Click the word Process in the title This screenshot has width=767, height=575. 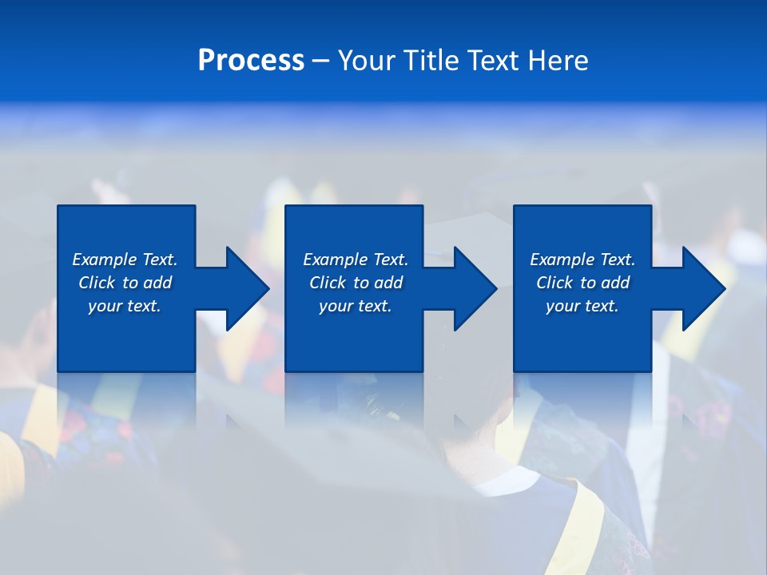point(251,61)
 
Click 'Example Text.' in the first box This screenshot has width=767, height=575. point(125,260)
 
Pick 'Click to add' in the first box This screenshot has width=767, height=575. point(125,283)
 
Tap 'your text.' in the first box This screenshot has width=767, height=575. point(125,306)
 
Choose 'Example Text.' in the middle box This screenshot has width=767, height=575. point(356,260)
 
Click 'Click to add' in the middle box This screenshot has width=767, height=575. point(356,283)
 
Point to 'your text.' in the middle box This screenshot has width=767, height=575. point(356,306)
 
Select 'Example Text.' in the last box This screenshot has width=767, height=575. point(582,260)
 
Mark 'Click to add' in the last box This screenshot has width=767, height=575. point(582,283)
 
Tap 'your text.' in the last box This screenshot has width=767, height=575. point(582,306)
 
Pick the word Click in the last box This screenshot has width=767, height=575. point(554,283)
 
